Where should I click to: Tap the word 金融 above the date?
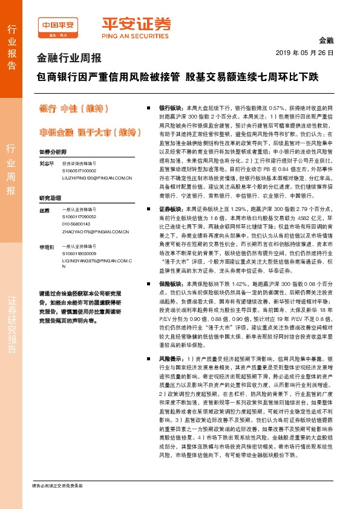326,39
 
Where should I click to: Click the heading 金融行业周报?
69,59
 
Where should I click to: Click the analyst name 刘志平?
47,163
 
